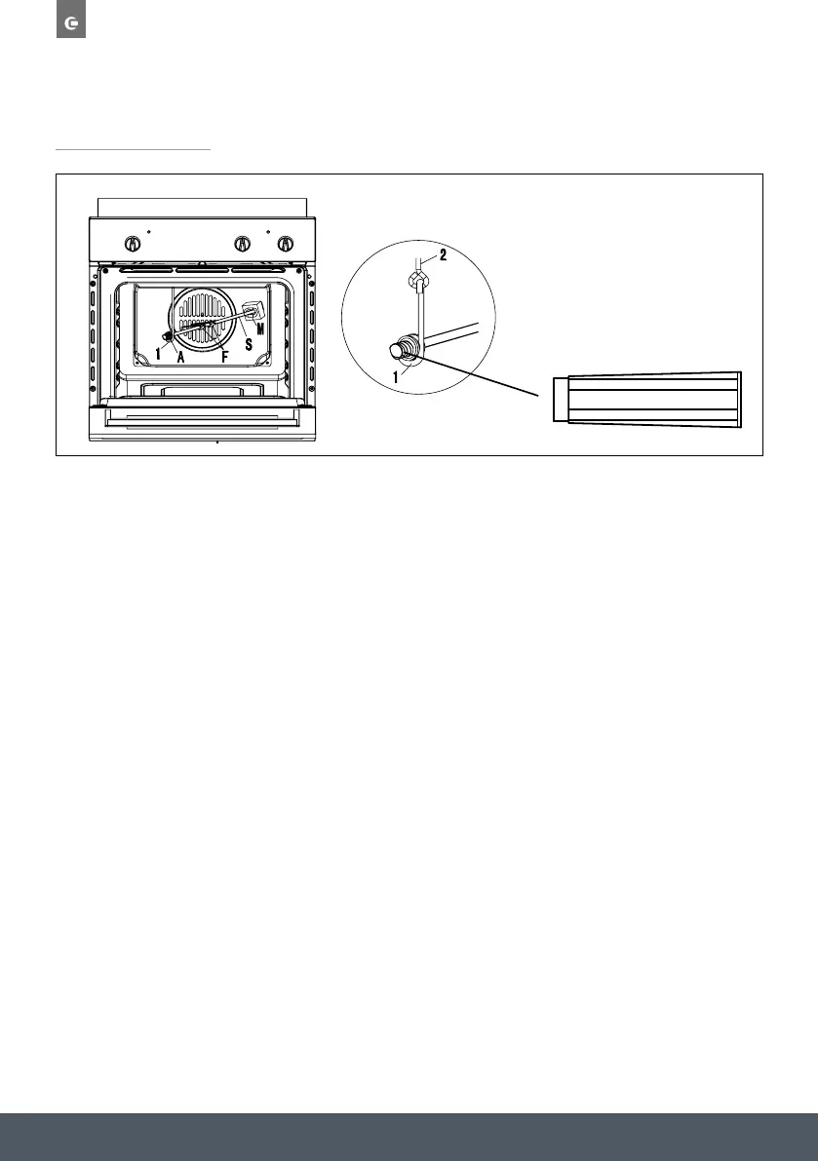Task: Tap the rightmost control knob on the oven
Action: tap(285, 244)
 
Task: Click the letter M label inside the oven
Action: tap(260, 328)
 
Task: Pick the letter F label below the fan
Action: tap(225, 356)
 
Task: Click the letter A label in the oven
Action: tap(181, 356)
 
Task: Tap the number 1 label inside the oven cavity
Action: tap(159, 354)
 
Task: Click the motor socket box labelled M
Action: tap(255, 310)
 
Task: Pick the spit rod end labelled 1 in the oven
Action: tap(170, 337)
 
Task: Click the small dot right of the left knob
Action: tap(148, 233)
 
